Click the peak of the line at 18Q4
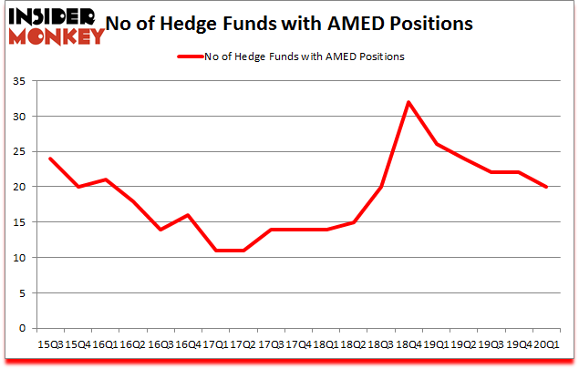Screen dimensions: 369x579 pyautogui.click(x=408, y=102)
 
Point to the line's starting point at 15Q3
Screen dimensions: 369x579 pyautogui.click(x=50, y=159)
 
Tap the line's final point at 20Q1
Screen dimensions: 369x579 pyautogui.click(x=547, y=187)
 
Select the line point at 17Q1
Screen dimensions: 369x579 pyautogui.click(x=216, y=251)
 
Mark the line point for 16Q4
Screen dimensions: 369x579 pyautogui.click(x=188, y=215)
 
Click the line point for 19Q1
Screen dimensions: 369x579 pyautogui.click(x=437, y=144)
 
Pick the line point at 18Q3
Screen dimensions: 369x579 pyautogui.click(x=381, y=187)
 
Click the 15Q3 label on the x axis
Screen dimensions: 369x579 pyautogui.click(x=50, y=344)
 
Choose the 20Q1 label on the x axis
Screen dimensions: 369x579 pyautogui.click(x=547, y=344)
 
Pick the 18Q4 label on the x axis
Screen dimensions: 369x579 pyautogui.click(x=408, y=344)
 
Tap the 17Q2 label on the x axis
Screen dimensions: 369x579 pyautogui.click(x=243, y=344)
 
